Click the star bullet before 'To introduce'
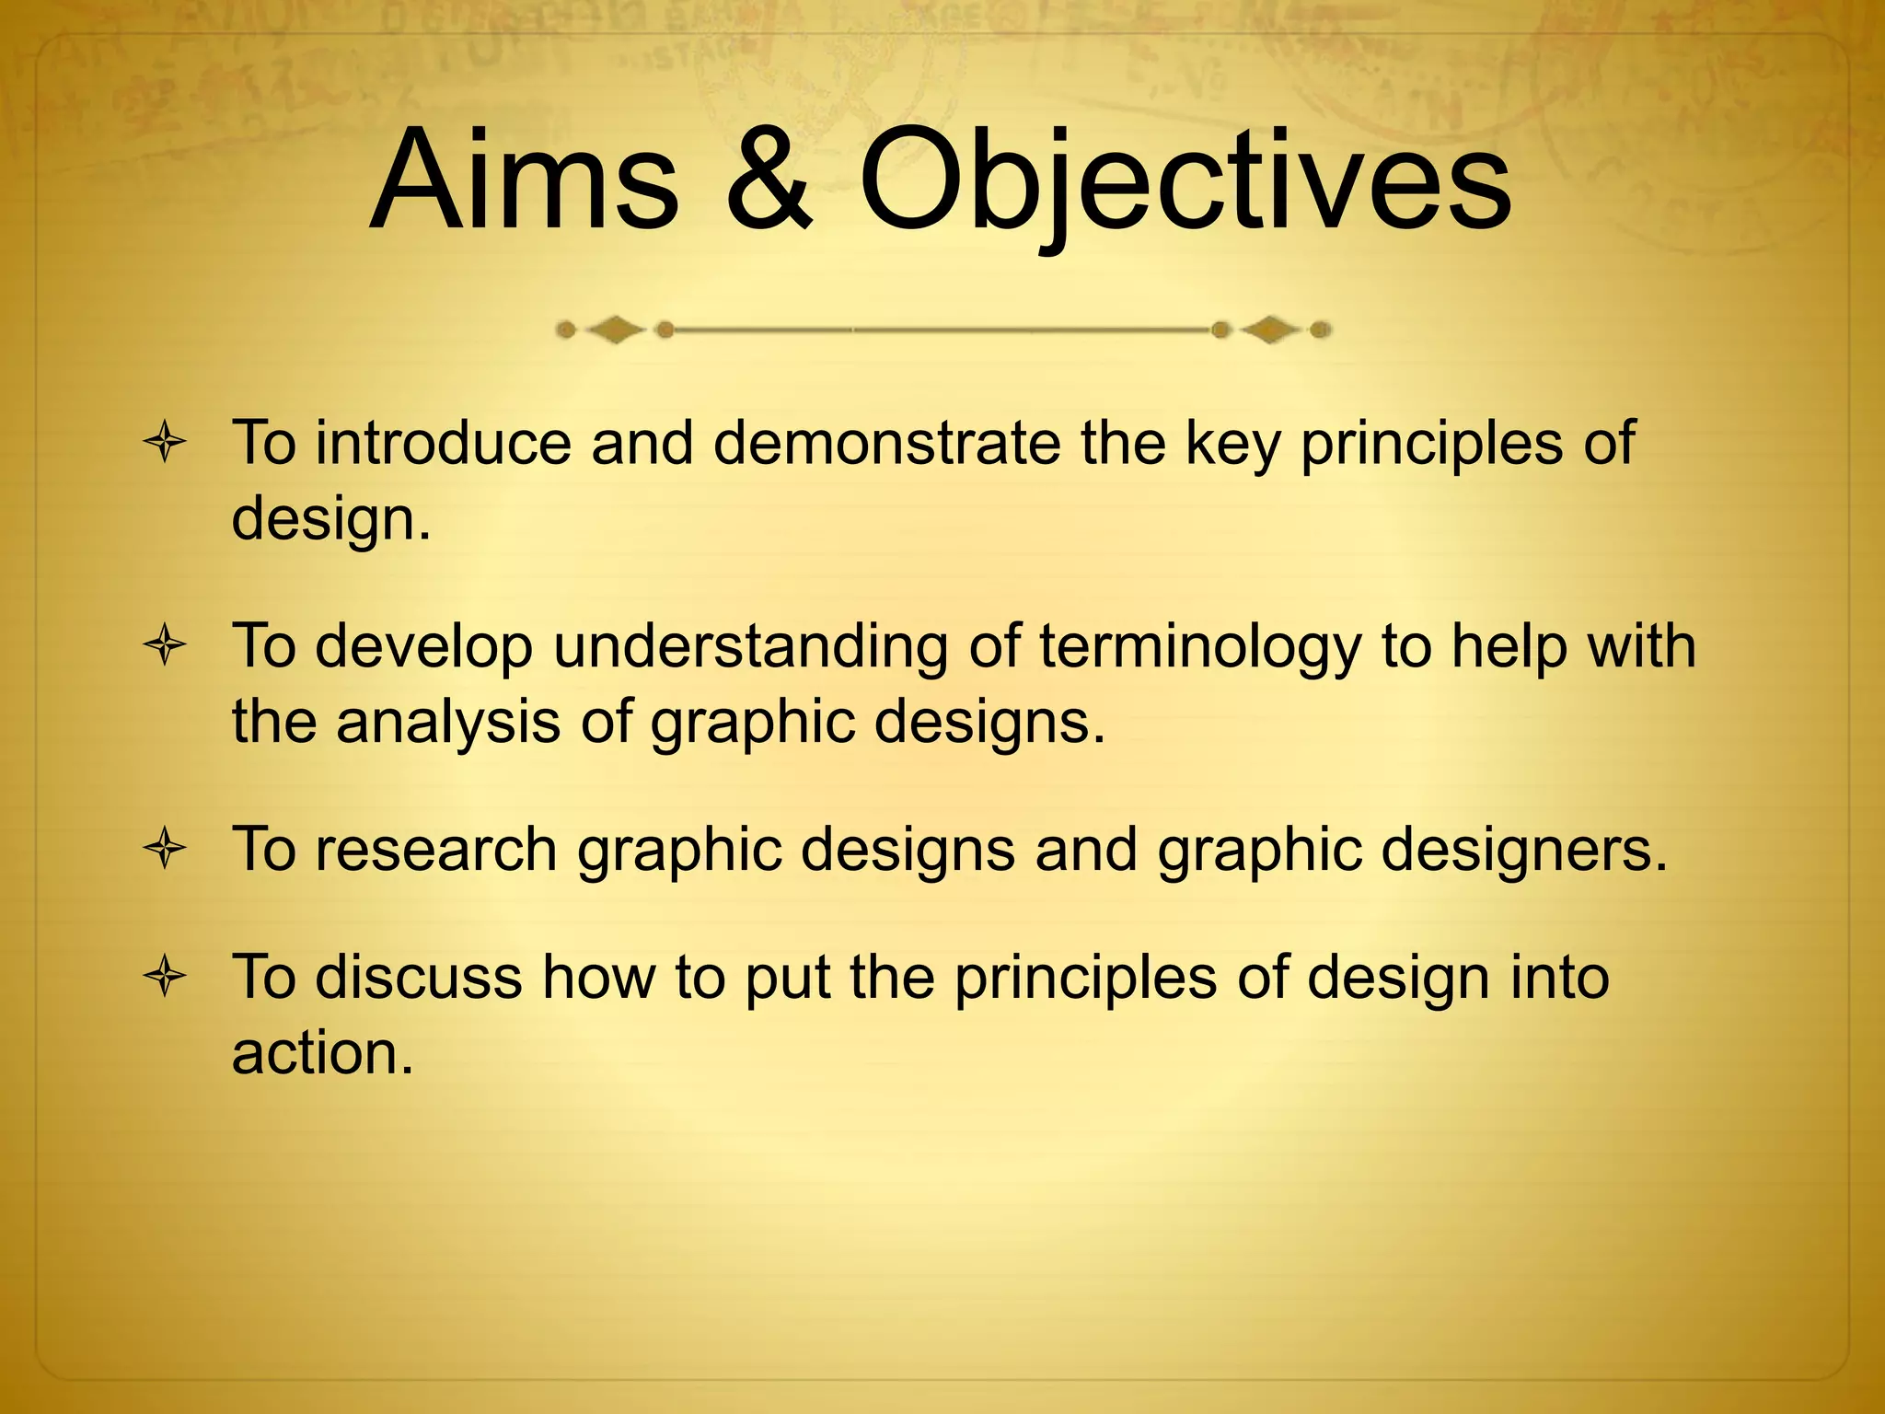pos(165,445)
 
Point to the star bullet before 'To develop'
pos(165,647)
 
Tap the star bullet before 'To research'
pos(165,850)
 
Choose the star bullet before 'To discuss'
pos(165,978)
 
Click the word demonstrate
pos(886,443)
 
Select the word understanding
pos(750,647)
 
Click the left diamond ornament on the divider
pos(615,330)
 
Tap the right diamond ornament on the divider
pos(1271,330)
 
